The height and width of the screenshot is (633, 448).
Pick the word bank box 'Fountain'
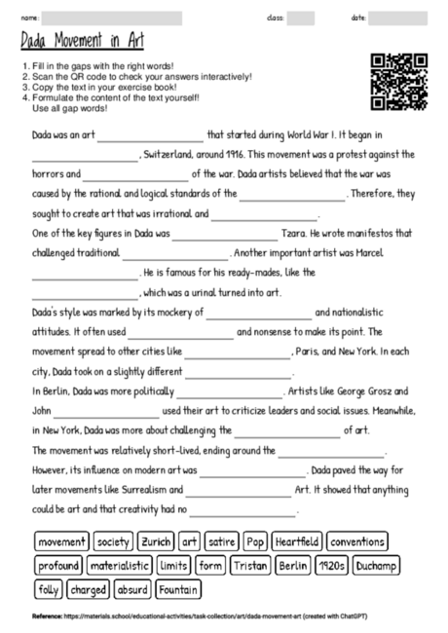181,589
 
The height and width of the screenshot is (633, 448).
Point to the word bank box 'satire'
222,540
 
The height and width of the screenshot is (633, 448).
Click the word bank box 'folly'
48,589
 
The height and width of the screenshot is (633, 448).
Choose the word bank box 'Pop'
255,540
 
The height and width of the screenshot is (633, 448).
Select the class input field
301,18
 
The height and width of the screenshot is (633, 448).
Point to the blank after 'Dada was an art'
150,134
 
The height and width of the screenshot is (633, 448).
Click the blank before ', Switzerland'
86,155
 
